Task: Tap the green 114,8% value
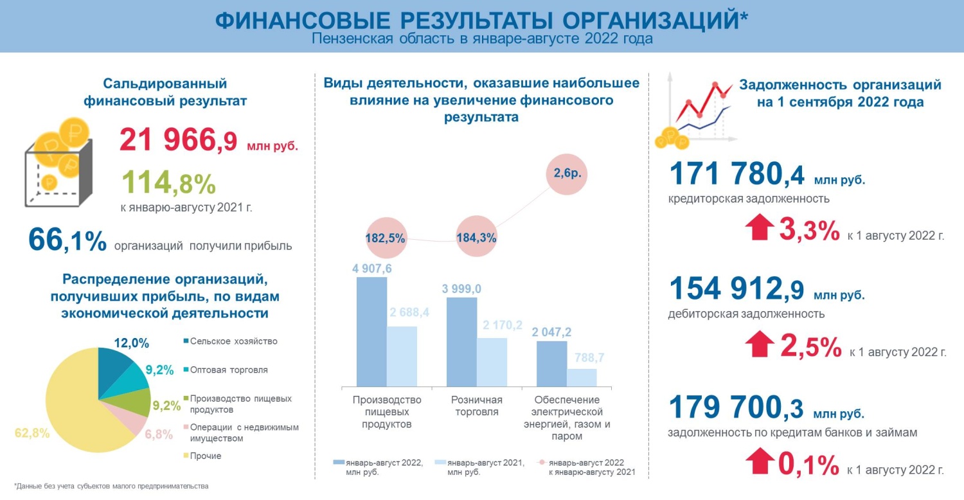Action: (x=168, y=183)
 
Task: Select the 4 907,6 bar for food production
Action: (x=371, y=331)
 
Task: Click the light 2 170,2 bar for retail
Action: (x=492, y=361)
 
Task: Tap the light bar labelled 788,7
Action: (x=581, y=377)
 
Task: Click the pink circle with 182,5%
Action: (x=386, y=237)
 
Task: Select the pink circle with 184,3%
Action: (x=476, y=237)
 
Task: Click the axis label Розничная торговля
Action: (x=476, y=406)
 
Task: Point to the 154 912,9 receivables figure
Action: (x=736, y=289)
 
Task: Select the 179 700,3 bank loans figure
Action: (x=736, y=408)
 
